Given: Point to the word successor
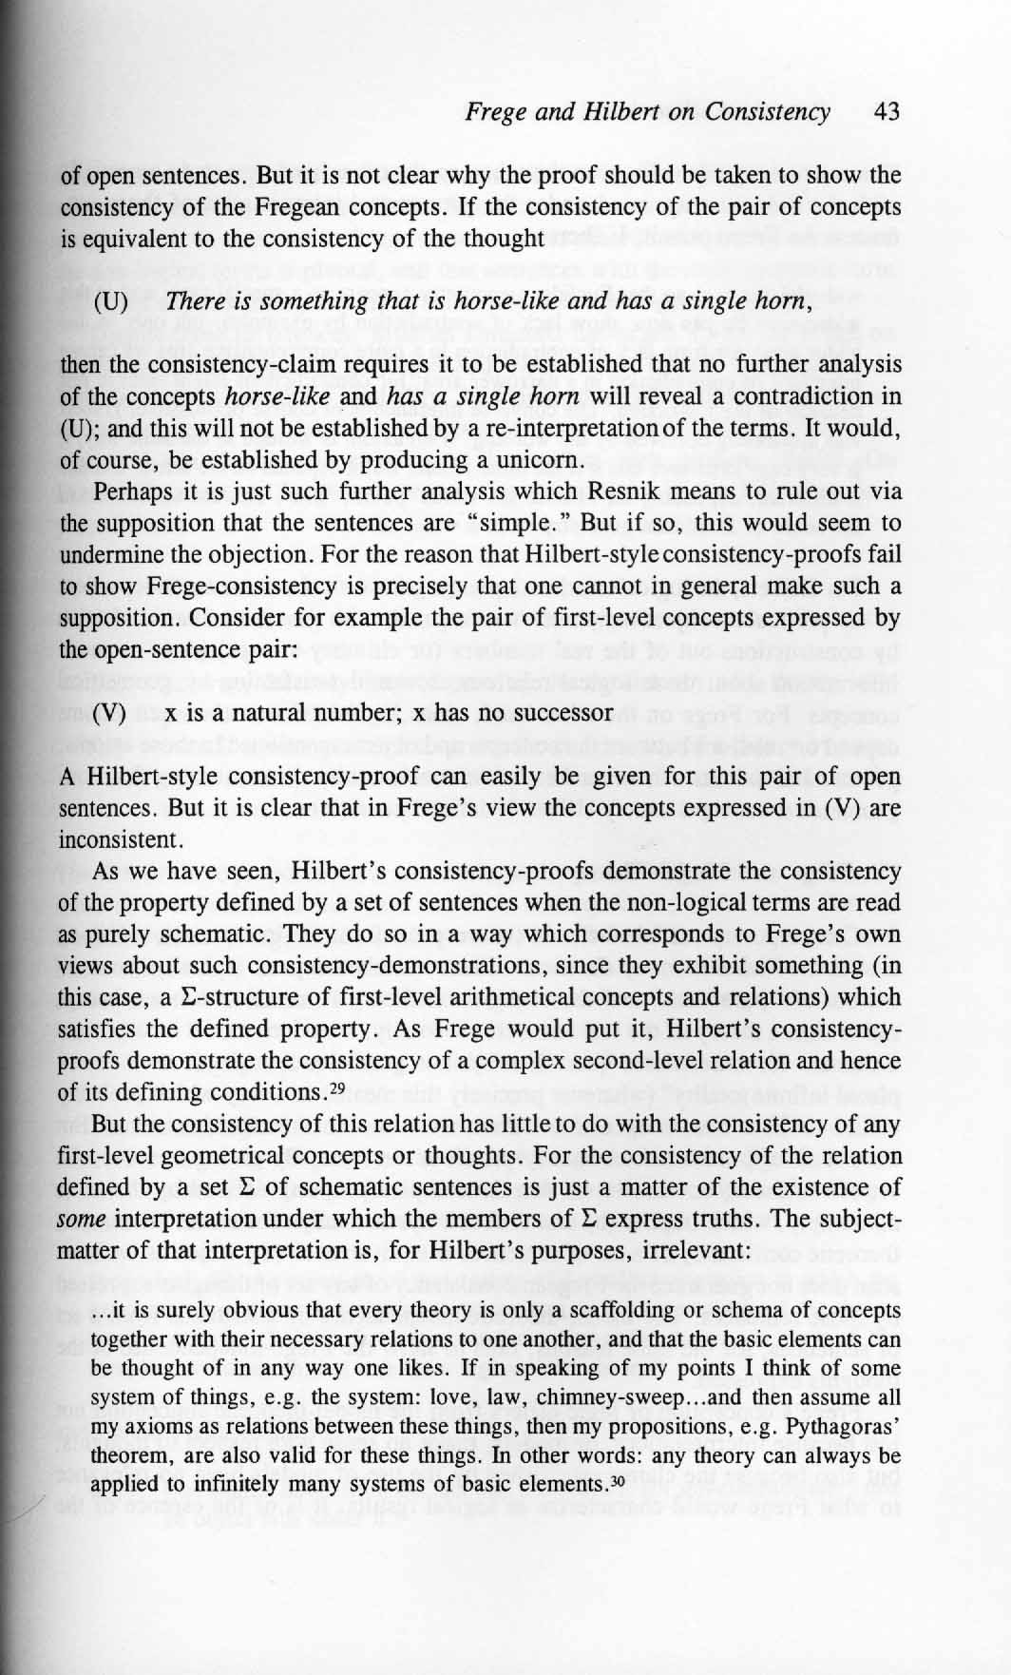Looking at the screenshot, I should coord(562,712).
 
